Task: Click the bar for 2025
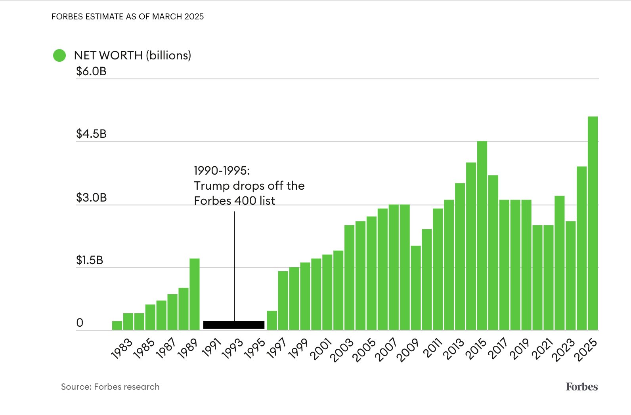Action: [593, 223]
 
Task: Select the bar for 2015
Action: [482, 236]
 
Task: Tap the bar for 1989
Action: [194, 294]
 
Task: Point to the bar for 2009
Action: [415, 288]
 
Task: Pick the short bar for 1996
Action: [272, 320]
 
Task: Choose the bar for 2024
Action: [581, 248]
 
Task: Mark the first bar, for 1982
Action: [117, 326]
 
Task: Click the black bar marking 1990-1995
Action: [234, 325]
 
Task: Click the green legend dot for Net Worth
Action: [59, 55]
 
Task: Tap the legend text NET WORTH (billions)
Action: [132, 55]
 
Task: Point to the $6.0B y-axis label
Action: [91, 72]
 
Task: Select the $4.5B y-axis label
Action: [91, 134]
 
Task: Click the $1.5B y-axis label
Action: [90, 260]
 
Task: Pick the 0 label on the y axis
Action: [80, 323]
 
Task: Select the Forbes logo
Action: [581, 386]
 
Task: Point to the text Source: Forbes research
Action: [110, 387]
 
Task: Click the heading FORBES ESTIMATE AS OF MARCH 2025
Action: [128, 17]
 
